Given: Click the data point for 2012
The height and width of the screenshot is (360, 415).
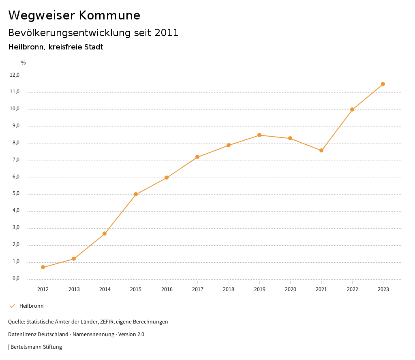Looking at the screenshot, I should [43, 267].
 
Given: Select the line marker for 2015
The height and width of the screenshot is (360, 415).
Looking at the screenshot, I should [136, 194].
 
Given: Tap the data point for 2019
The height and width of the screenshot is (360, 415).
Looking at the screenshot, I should [259, 135].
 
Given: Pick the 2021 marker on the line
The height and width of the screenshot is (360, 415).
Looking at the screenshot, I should [321, 150].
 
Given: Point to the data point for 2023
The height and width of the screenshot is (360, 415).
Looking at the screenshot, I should [383, 84].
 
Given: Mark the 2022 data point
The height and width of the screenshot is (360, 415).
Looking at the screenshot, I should [352, 109].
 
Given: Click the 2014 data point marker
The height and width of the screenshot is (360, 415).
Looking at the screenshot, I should [105, 234].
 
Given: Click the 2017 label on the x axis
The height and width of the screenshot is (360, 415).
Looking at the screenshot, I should [198, 289].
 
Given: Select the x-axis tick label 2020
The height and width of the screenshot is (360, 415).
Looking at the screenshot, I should [290, 289].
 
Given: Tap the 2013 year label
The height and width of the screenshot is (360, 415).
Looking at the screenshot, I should [74, 289].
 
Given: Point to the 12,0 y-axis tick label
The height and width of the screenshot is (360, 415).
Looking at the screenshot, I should [15, 75].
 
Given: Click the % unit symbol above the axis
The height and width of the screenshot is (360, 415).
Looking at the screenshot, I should [24, 63].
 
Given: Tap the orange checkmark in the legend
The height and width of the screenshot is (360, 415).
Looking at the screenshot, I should [12, 306].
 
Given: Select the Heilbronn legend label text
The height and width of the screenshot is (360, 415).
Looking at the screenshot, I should [32, 306].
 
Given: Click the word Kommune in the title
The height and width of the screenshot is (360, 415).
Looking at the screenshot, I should [109, 15].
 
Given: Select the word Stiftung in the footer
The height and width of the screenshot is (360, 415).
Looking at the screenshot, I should [52, 347].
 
